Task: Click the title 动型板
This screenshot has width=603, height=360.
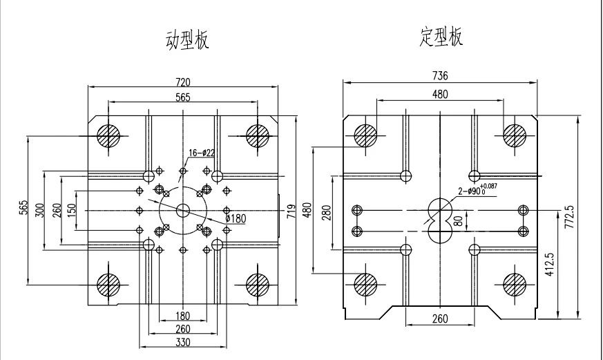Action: (x=187, y=40)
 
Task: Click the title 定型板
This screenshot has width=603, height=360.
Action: (x=441, y=37)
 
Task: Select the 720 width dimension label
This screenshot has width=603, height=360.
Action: (x=182, y=82)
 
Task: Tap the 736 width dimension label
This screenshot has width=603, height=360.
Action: (x=440, y=76)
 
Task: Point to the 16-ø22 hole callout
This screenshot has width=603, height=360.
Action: (x=201, y=153)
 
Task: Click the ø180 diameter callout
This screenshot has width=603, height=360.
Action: (x=236, y=219)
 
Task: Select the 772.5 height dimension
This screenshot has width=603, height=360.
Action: (x=570, y=217)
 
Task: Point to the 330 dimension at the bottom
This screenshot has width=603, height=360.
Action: (x=182, y=342)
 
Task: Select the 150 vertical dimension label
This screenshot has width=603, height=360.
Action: (x=72, y=210)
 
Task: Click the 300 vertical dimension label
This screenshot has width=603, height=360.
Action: (x=39, y=210)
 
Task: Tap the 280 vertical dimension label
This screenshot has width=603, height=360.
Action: (x=326, y=213)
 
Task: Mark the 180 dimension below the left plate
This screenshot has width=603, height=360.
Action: (x=182, y=316)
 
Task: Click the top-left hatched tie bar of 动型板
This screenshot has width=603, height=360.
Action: (x=108, y=135)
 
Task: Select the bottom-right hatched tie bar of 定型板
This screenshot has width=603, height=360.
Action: (x=515, y=285)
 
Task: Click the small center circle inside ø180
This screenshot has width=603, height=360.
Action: (x=183, y=210)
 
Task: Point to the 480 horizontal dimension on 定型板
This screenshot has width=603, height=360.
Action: (x=440, y=94)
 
